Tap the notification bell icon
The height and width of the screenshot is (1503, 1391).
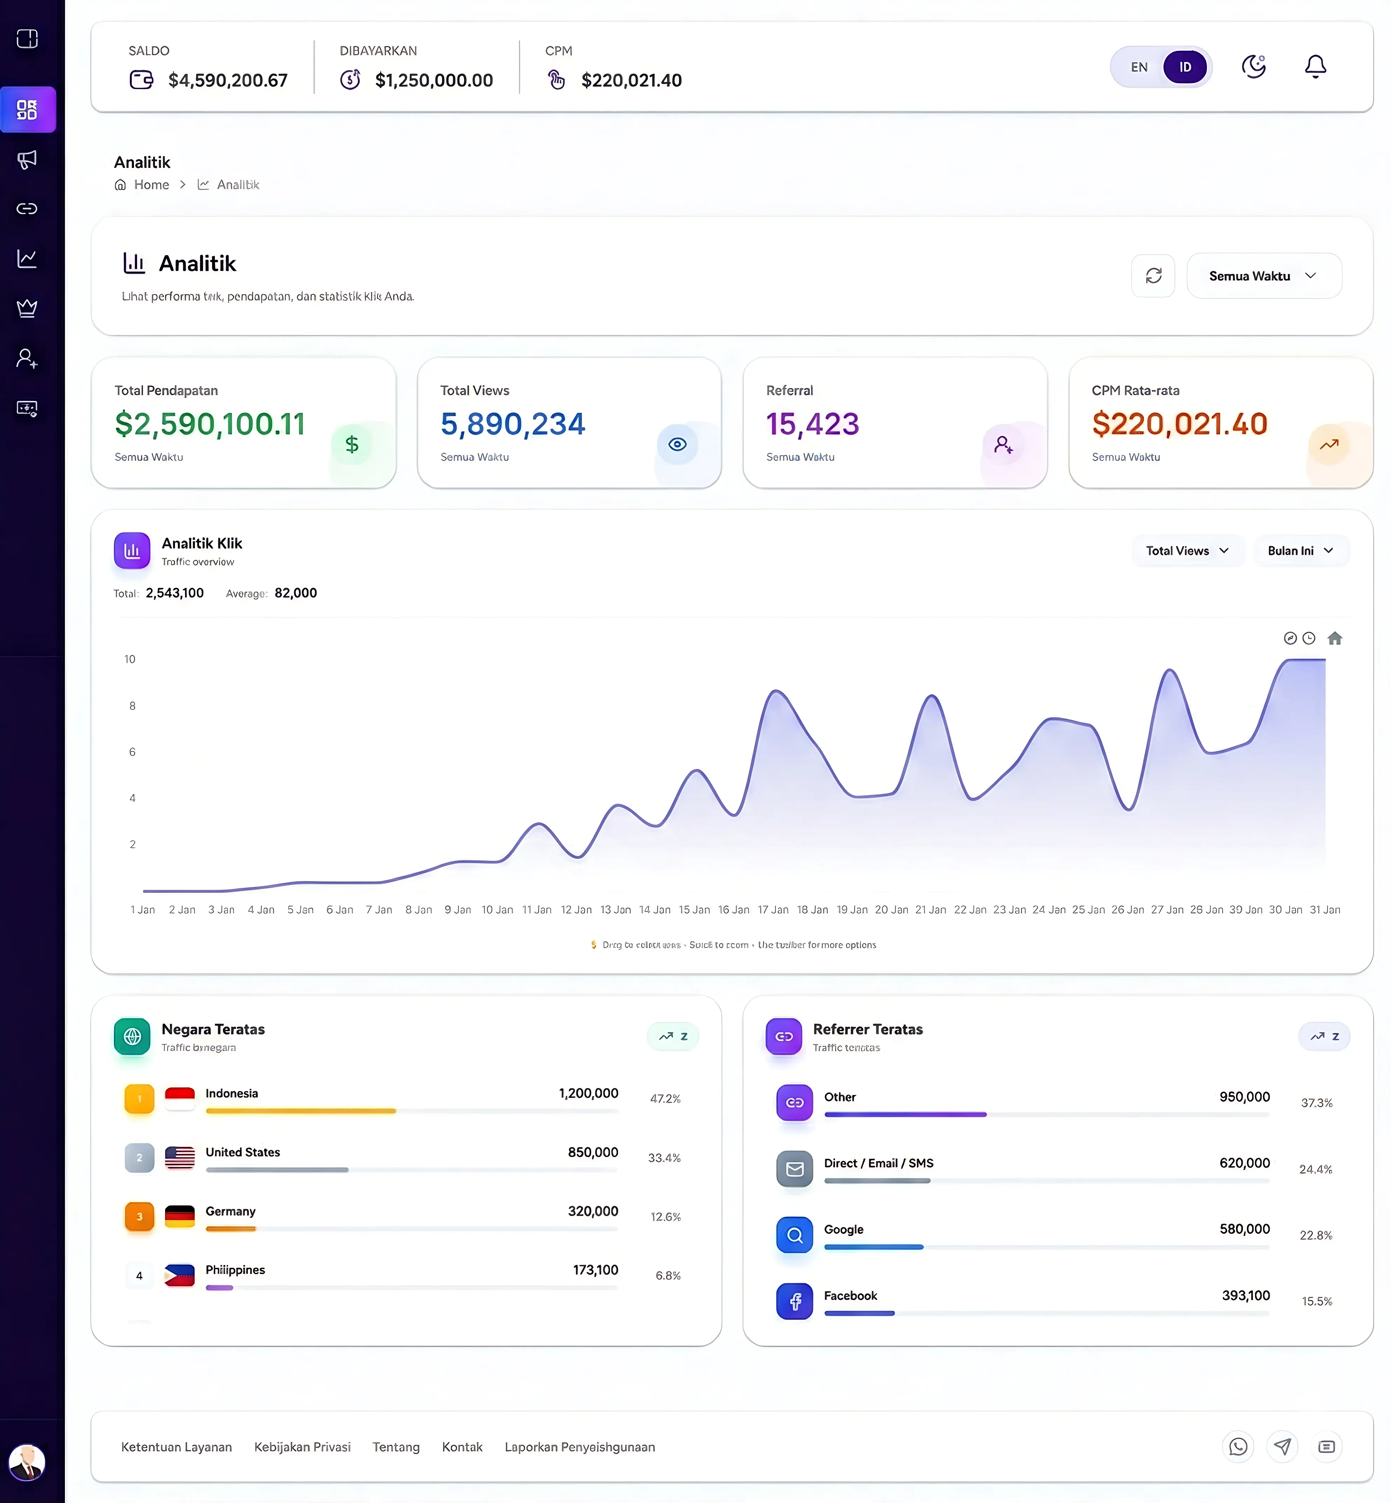(x=1315, y=67)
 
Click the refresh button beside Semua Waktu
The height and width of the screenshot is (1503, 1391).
(x=1153, y=276)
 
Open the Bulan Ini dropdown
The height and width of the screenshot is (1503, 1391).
(x=1300, y=551)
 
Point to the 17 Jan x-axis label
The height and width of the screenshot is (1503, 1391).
(x=773, y=910)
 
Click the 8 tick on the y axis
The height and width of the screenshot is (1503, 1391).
(x=133, y=706)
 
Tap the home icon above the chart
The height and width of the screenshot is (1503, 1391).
(x=1335, y=638)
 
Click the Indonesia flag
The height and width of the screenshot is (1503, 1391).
(x=180, y=1098)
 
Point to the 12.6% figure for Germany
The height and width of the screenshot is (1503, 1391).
(x=665, y=1217)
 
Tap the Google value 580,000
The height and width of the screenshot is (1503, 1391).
(x=1244, y=1229)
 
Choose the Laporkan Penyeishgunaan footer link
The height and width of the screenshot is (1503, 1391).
(x=579, y=1447)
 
